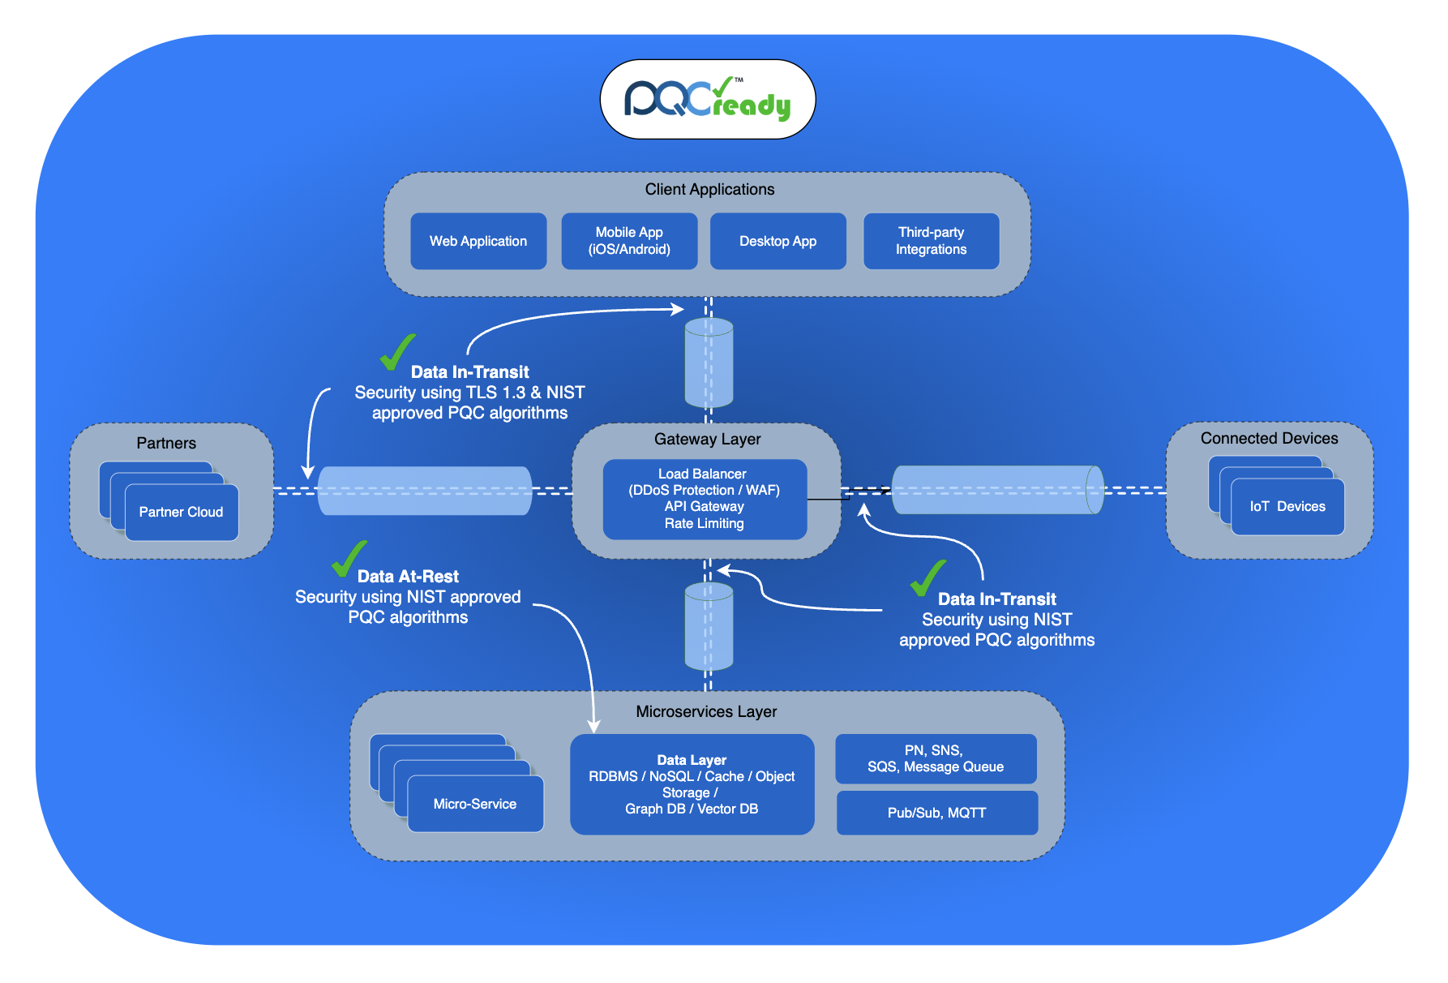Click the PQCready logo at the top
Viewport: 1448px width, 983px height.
(707, 100)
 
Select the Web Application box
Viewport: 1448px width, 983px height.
(478, 241)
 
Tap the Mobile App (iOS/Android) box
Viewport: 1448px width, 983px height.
(629, 241)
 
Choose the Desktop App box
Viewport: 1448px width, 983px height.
(778, 241)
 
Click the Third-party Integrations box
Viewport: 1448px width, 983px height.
(931, 241)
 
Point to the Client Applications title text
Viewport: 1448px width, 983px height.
(709, 189)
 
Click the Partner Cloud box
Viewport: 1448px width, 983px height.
(182, 513)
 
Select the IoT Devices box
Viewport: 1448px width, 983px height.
(1287, 507)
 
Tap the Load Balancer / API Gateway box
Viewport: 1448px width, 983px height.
(704, 499)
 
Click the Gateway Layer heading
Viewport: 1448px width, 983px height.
(707, 439)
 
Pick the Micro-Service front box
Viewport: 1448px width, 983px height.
(475, 804)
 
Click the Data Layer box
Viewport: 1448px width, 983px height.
(692, 784)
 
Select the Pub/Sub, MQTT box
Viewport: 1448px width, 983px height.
(936, 813)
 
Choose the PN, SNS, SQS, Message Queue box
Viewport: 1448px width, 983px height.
(936, 758)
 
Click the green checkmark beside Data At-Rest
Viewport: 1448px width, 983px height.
(349, 558)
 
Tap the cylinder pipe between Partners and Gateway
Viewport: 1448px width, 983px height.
(425, 491)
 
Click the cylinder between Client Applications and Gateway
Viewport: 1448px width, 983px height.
(709, 363)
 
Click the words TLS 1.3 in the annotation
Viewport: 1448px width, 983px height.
(495, 393)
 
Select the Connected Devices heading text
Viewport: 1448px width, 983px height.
(1269, 438)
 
